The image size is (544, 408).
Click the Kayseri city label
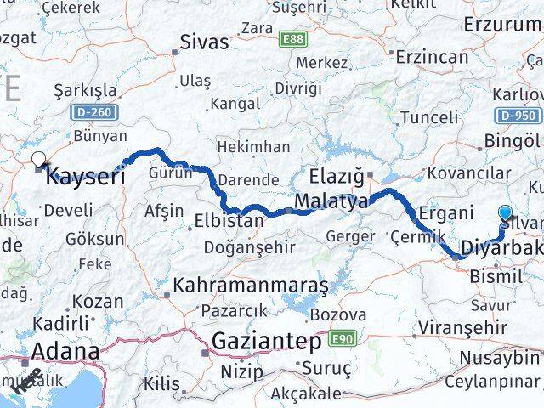[85, 177]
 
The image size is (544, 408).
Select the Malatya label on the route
[332, 202]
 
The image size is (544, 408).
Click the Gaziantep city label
[264, 343]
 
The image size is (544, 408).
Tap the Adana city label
[65, 351]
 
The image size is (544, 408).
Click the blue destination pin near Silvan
[507, 213]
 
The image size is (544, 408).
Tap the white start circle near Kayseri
[38, 157]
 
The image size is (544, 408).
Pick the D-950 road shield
[516, 116]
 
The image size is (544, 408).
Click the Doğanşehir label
[250, 247]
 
